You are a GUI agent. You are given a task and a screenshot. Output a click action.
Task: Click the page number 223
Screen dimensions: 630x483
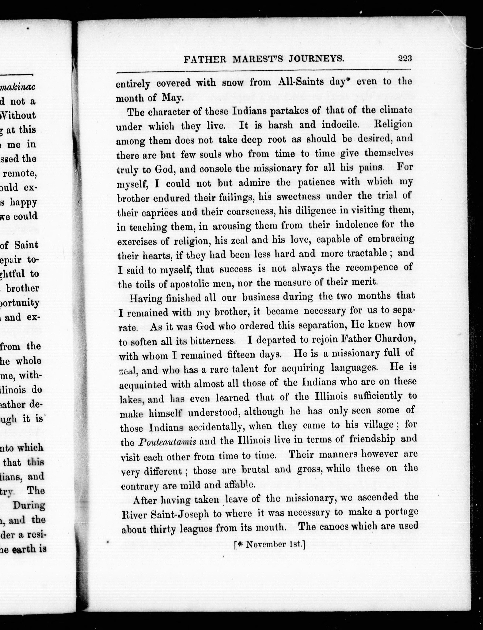point(405,59)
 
